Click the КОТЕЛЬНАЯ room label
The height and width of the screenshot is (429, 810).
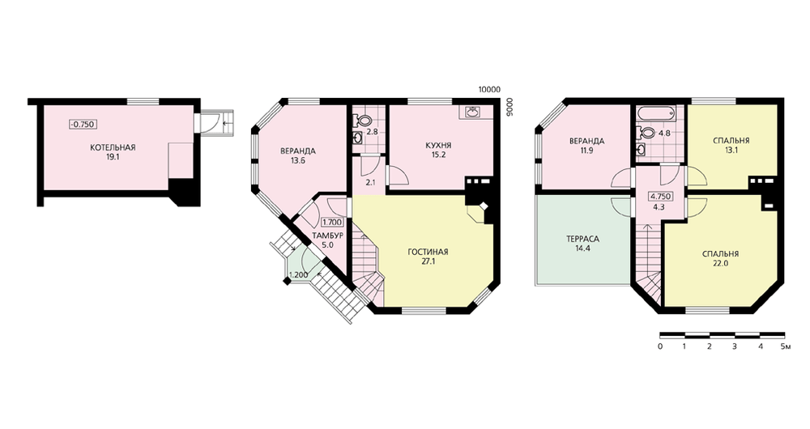[113, 147]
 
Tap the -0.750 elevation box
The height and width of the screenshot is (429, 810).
[83, 125]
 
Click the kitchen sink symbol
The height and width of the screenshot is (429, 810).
[471, 112]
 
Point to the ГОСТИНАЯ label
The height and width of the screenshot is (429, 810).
[428, 252]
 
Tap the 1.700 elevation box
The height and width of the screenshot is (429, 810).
[331, 223]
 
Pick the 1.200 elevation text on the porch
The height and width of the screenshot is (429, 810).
[299, 275]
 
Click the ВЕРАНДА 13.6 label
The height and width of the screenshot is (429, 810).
[298, 155]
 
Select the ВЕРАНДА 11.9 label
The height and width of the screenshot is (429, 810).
[586, 145]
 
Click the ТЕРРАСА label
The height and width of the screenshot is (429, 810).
[582, 239]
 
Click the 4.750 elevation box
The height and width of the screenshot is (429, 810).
[661, 196]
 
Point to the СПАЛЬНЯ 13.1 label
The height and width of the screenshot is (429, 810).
[731, 145]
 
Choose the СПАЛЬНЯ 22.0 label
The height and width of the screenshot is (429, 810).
[720, 258]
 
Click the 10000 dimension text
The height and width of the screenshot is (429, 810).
[488, 89]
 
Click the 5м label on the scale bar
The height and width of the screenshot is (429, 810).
[785, 346]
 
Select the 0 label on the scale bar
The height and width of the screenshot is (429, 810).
[660, 346]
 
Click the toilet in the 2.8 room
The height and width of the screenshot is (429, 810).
[362, 121]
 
